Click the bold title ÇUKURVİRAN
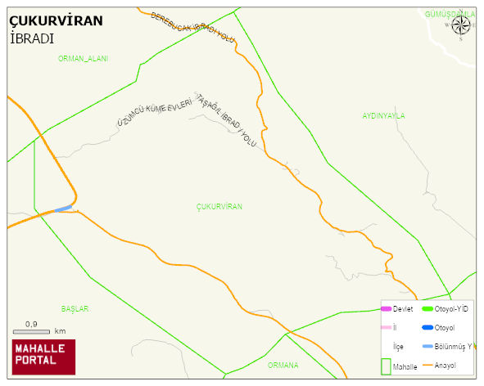(56, 21)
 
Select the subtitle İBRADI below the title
(32, 38)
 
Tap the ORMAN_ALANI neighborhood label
(83, 59)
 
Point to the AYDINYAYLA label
(383, 116)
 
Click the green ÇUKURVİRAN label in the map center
(219, 207)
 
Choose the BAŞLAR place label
(75, 309)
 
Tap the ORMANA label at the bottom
(283, 365)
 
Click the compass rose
(461, 25)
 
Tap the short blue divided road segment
(63, 209)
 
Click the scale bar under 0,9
(32, 332)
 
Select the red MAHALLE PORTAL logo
(43, 357)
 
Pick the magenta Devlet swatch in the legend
(387, 308)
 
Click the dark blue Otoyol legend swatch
(427, 327)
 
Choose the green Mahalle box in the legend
(387, 366)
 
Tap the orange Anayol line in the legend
(427, 365)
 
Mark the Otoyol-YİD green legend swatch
(427, 308)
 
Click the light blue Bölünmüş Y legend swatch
(427, 346)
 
